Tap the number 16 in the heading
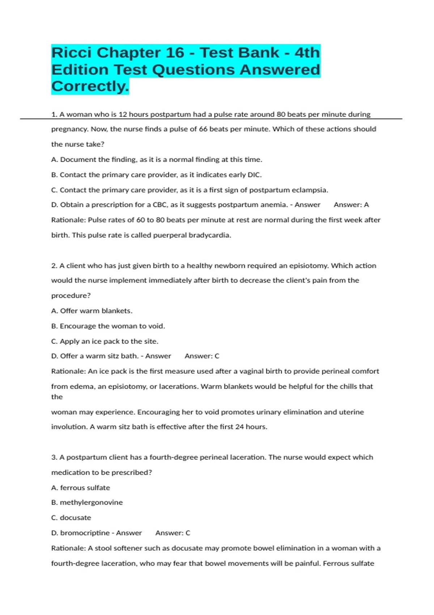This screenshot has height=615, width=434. coord(175,53)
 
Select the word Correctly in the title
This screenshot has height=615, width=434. coord(89,86)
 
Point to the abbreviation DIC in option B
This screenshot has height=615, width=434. coord(254,175)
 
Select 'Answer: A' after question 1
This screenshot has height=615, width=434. coord(351,205)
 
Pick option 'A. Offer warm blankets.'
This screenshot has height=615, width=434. coord(92,311)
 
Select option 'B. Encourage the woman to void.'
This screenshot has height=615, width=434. coord(108,326)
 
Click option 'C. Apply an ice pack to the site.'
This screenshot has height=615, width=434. coord(105,341)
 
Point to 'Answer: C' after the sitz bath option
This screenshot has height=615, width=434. coord(202,356)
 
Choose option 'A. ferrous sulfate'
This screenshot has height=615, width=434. coord(81,488)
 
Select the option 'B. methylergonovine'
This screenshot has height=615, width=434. coord(87,502)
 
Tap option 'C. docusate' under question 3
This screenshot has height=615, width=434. coord(71,518)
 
